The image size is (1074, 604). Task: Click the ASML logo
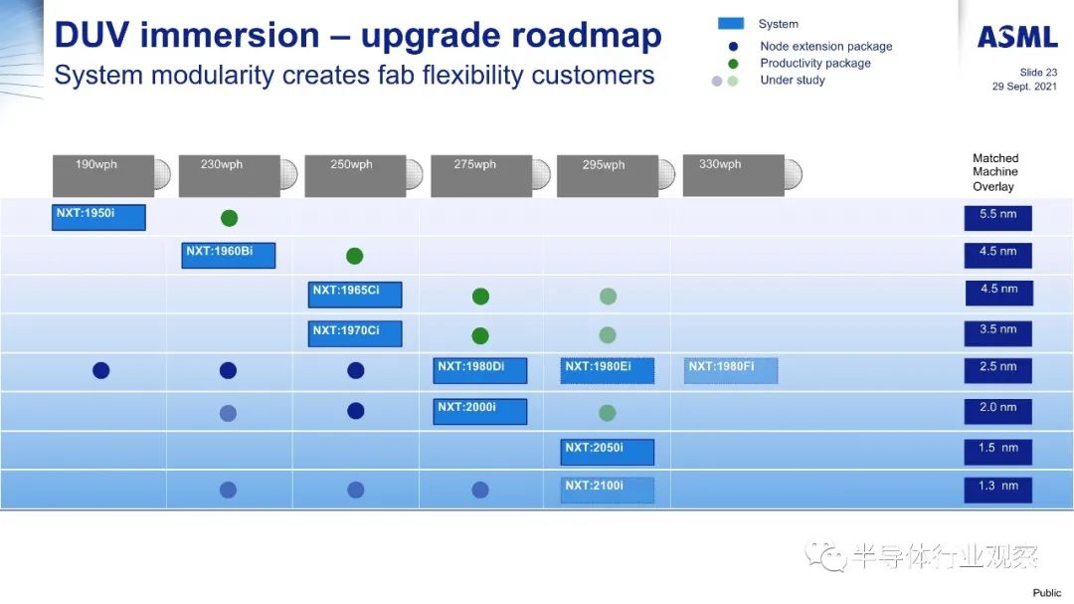click(1017, 37)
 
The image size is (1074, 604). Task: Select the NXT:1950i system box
click(98, 217)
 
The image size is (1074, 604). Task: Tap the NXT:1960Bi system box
click(228, 255)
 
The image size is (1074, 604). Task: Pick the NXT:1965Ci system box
click(355, 295)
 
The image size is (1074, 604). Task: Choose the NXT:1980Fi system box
click(730, 371)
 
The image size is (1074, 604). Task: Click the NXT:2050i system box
click(607, 452)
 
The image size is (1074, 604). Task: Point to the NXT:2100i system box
click(607, 491)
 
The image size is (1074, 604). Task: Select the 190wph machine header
click(111, 175)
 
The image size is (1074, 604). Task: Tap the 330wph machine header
click(743, 175)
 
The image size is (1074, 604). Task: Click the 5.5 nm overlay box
click(998, 218)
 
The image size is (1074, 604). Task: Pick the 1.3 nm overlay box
click(998, 491)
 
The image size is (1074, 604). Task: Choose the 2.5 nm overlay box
click(998, 371)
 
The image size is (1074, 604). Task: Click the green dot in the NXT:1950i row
click(230, 218)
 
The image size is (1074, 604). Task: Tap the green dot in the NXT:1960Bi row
click(355, 256)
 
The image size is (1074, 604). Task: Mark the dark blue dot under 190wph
click(101, 370)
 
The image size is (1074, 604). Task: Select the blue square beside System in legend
click(731, 23)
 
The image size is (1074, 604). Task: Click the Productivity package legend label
click(815, 63)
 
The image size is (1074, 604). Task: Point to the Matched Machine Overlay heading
click(995, 172)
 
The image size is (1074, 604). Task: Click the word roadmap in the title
click(511, 36)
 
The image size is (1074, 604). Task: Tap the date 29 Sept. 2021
click(1024, 87)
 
